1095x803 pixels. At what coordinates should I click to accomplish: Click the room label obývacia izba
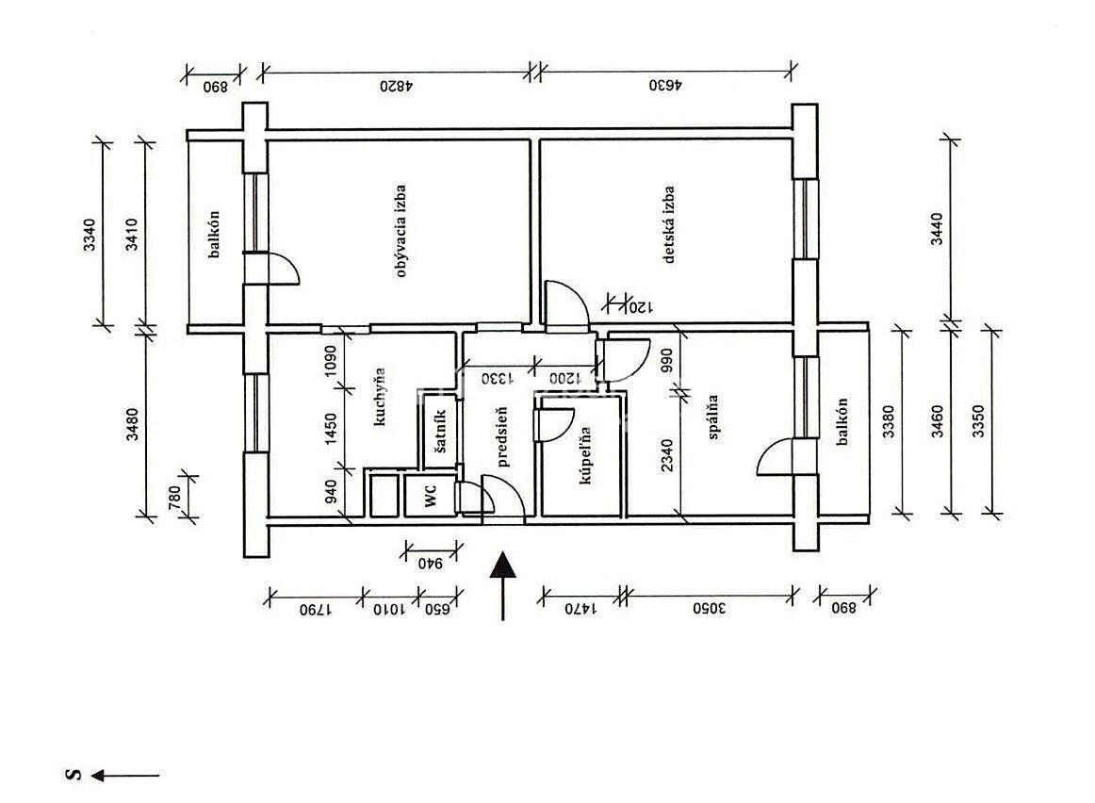click(400, 231)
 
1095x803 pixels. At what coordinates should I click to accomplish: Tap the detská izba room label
click(669, 224)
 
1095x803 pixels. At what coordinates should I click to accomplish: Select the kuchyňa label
click(380, 397)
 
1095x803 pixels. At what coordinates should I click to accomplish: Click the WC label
click(431, 496)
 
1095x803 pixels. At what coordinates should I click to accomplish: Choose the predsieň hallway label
click(503, 436)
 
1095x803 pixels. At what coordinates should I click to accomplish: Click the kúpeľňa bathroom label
click(584, 455)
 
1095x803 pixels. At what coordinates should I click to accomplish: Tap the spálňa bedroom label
click(713, 417)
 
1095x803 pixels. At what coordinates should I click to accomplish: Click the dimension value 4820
click(397, 86)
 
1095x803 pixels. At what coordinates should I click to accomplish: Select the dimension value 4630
click(665, 86)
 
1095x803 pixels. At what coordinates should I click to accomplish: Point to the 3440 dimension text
click(938, 228)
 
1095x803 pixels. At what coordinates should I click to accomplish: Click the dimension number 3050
click(710, 608)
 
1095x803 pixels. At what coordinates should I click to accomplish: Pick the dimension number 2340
click(667, 454)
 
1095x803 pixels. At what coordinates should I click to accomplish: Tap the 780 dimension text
click(174, 497)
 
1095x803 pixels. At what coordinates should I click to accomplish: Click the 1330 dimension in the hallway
click(498, 379)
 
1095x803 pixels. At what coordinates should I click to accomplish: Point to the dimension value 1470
click(580, 609)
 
